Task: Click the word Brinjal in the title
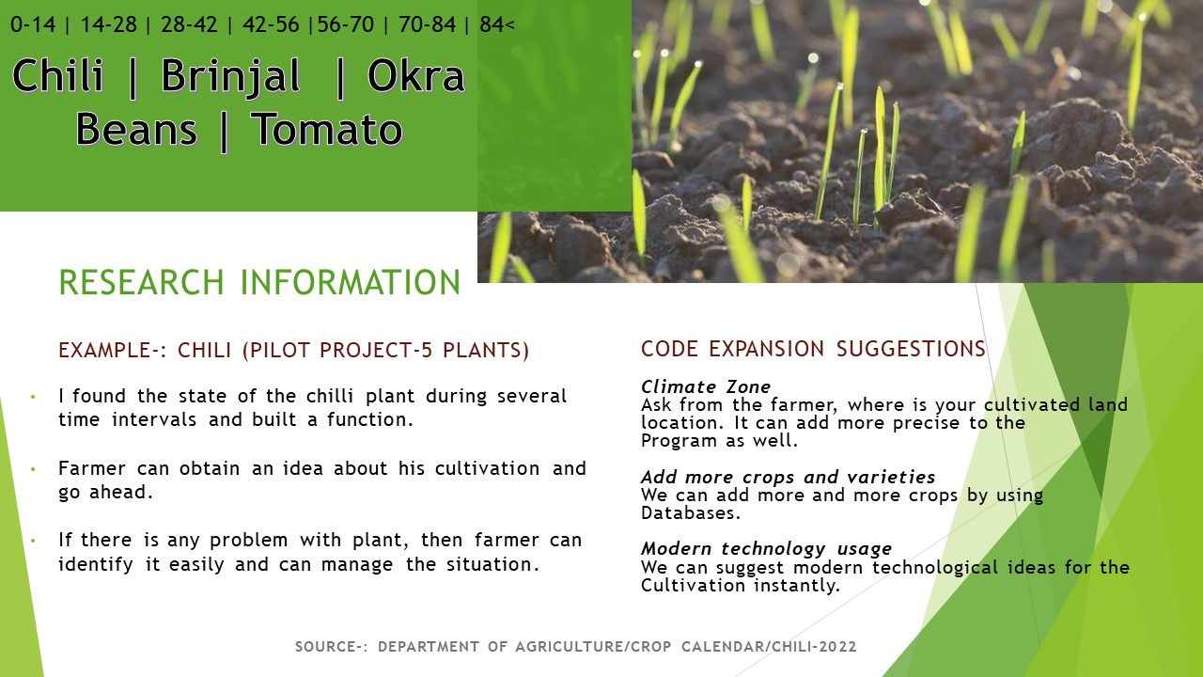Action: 230,77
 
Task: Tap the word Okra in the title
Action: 415,75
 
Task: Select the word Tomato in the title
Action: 326,130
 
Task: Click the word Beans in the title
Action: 136,130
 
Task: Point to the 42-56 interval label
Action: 271,24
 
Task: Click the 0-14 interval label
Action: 33,24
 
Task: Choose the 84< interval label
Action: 497,24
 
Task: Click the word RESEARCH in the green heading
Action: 141,282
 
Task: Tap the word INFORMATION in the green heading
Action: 351,282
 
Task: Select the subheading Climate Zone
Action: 706,386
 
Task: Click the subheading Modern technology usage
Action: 766,548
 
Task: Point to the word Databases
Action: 691,512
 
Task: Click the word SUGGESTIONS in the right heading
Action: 911,349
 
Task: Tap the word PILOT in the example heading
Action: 280,351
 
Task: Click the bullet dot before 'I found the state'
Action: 33,397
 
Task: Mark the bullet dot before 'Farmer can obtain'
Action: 33,469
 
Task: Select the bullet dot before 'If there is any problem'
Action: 33,541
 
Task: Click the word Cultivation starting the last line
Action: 693,585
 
